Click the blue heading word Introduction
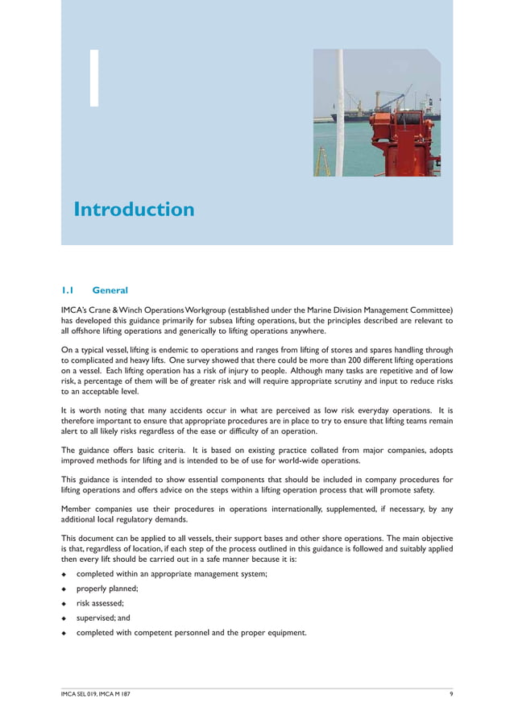click(134, 210)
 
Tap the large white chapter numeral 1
click(94, 78)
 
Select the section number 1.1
click(68, 290)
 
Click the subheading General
click(110, 290)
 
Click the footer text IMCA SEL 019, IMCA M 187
click(96, 695)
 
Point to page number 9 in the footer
click(450, 695)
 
